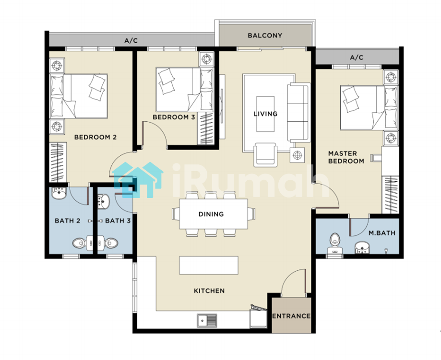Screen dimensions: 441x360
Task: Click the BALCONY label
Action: point(265,35)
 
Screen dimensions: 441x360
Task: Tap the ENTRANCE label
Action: point(291,316)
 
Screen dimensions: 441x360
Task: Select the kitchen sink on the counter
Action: point(207,320)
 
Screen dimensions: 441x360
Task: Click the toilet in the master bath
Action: point(334,243)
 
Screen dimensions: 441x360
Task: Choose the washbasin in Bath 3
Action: point(103,201)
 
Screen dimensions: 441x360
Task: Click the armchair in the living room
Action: point(265,154)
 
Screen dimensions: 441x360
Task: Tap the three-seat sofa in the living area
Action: point(298,113)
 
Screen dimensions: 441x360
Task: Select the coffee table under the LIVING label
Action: point(265,114)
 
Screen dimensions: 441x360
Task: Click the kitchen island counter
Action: point(209,265)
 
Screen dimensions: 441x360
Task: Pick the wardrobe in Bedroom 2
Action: point(58,162)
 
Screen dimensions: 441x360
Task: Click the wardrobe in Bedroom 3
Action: point(205,128)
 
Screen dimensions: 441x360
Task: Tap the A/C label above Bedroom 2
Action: point(131,41)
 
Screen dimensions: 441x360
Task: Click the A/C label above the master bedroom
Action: point(357,58)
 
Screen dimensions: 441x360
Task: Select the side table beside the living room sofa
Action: point(298,155)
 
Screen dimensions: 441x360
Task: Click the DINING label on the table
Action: point(211,214)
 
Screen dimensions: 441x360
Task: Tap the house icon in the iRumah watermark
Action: point(138,180)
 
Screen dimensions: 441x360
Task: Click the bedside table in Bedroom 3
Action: point(207,59)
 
